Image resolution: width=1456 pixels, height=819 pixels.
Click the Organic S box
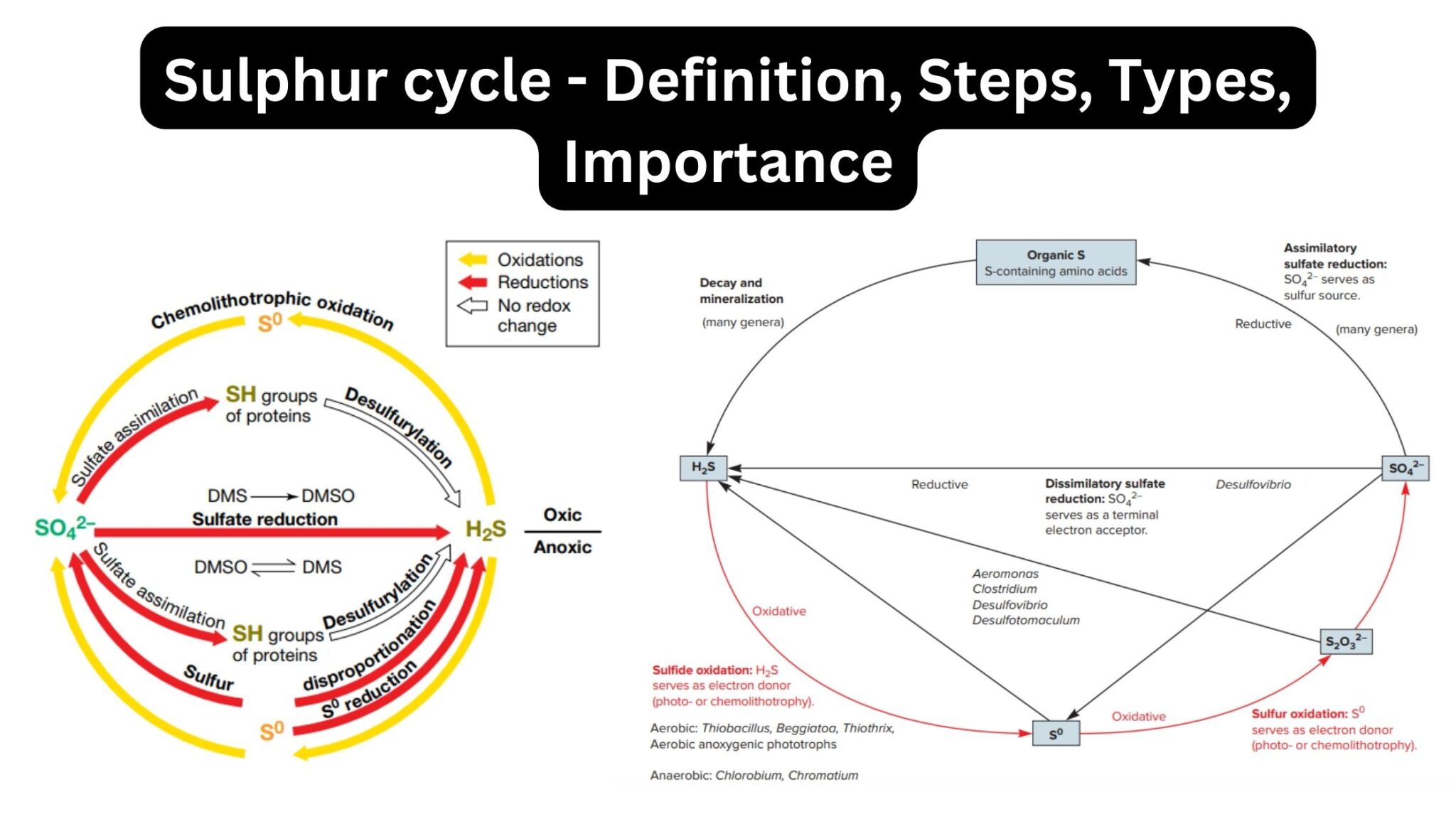coord(1056,262)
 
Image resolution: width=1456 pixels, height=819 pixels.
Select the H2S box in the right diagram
coord(703,468)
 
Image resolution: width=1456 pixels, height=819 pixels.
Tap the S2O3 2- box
coord(1346,641)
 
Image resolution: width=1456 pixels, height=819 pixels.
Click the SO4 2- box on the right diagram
coord(1405,469)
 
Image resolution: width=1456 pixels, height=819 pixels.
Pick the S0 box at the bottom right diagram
coord(1056,734)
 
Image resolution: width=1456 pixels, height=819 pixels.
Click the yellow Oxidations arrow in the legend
coord(473,259)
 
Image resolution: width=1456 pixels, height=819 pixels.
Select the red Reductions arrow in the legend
coord(473,282)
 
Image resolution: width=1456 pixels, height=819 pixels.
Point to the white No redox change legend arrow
coord(473,306)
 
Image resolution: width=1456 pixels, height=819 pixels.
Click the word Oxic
coord(562,515)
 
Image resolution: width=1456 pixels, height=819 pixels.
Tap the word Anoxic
coord(562,547)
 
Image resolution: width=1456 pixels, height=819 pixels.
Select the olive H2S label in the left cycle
coord(486,529)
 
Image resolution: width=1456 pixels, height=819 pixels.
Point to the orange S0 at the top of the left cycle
coord(270,323)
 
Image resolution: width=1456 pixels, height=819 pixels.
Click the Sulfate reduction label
coord(264,520)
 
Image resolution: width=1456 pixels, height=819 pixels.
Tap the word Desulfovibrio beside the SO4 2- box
coord(1253,485)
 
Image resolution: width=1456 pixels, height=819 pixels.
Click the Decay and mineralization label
coord(741,291)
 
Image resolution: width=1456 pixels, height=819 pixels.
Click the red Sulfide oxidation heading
coord(702,670)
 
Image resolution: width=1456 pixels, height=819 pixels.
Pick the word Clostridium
coord(1005,589)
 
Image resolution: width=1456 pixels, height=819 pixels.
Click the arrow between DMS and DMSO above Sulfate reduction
coord(274,496)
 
